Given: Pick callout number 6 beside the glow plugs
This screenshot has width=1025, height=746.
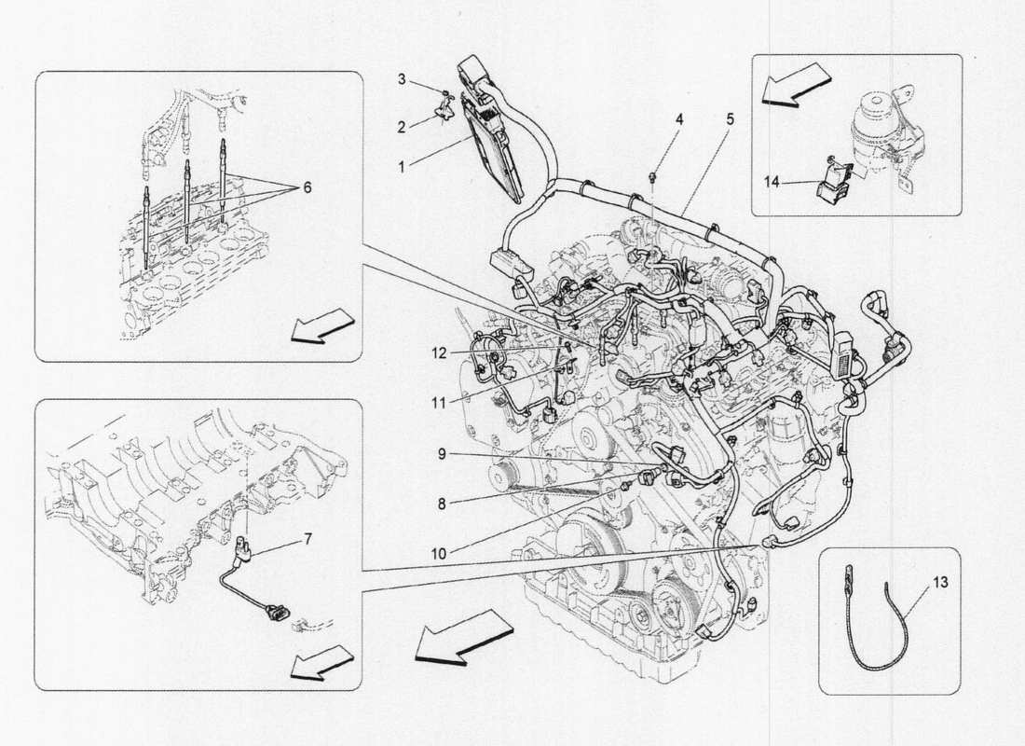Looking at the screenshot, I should coord(307,186).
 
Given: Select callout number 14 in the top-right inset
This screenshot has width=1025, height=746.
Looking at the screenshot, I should coord(772,184).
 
